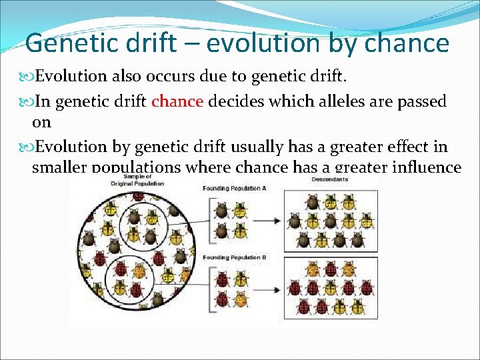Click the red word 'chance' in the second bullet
pyautogui.click(x=177, y=101)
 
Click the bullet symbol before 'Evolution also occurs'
pyautogui.click(x=27, y=77)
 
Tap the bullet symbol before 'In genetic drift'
pyautogui.click(x=27, y=102)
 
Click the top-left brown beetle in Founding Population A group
pyautogui.click(x=222, y=211)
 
